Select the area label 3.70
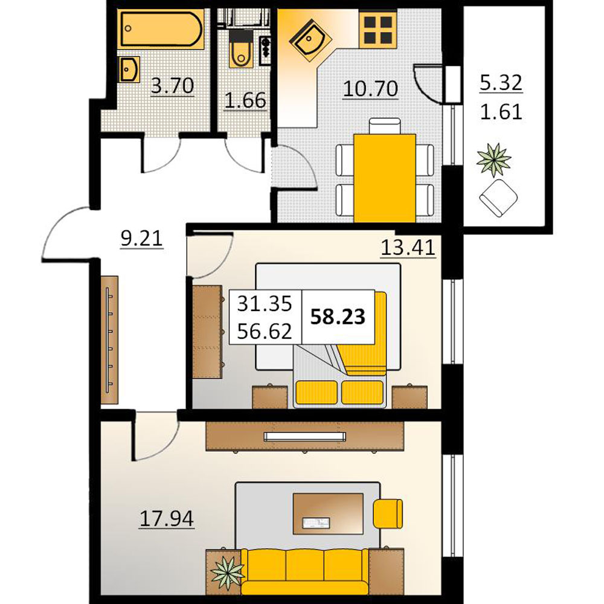point(172,86)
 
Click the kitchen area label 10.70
point(370,88)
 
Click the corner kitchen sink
point(310,39)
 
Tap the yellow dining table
point(384,178)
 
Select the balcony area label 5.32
point(501,83)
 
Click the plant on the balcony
point(493,159)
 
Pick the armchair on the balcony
point(498,198)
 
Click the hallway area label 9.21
point(142,239)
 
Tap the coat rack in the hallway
point(109,339)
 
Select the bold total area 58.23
point(338,316)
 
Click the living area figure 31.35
point(265,304)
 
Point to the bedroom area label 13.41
point(408,247)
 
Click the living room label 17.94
point(167,518)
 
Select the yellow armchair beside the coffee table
point(388,514)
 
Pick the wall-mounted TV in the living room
point(304,437)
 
